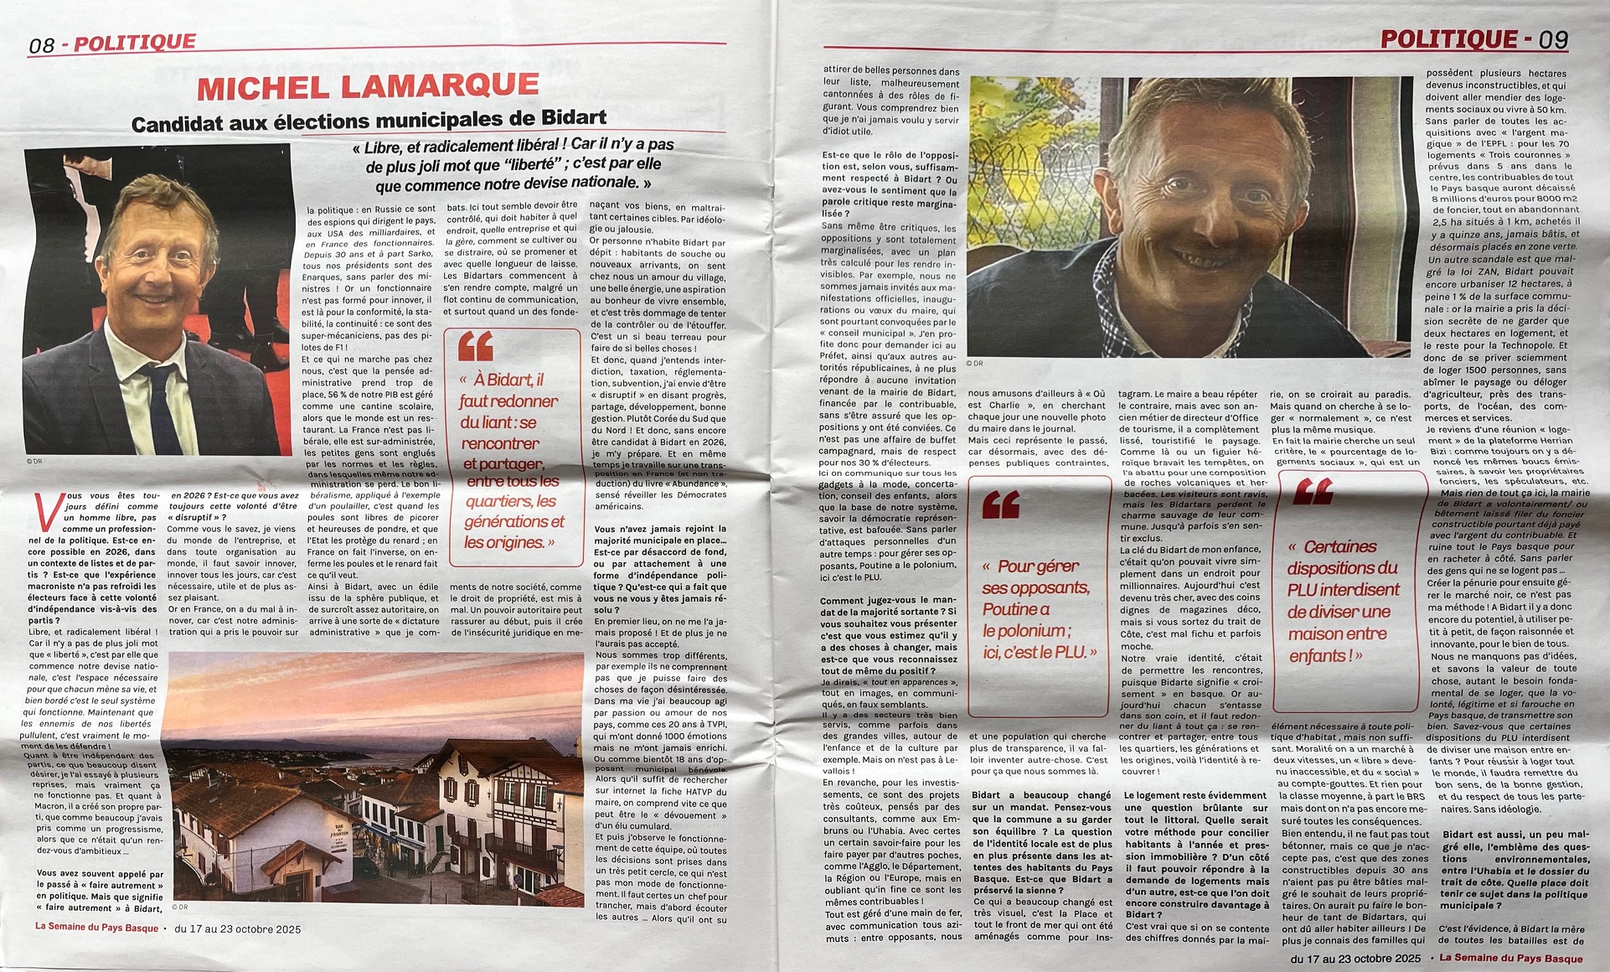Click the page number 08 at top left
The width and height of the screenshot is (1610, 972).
pyautogui.click(x=42, y=45)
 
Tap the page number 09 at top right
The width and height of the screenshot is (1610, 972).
pyautogui.click(x=1552, y=39)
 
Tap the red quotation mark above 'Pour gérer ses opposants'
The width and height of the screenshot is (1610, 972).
pyautogui.click(x=1001, y=504)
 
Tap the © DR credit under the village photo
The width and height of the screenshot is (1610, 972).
pyautogui.click(x=179, y=907)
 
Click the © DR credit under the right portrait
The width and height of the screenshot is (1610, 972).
pyautogui.click(x=974, y=363)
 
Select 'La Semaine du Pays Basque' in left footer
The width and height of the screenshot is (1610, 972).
pyautogui.click(x=96, y=928)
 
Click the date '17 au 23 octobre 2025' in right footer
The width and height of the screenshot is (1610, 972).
pyautogui.click(x=1355, y=959)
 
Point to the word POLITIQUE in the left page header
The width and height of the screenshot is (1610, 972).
pyautogui.click(x=135, y=43)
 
